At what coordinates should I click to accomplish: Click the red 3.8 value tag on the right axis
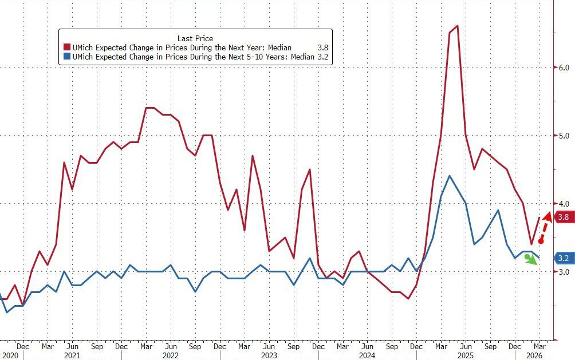click(562, 217)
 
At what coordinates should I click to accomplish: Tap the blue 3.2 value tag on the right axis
click(562, 258)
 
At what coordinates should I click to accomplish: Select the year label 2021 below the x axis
click(72, 355)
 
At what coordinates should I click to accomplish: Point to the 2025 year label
click(465, 355)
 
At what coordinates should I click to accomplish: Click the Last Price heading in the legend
click(196, 38)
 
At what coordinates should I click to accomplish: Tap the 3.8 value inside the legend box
click(322, 48)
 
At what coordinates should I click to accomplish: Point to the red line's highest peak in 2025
click(457, 26)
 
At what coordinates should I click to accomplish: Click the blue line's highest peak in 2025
click(450, 176)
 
